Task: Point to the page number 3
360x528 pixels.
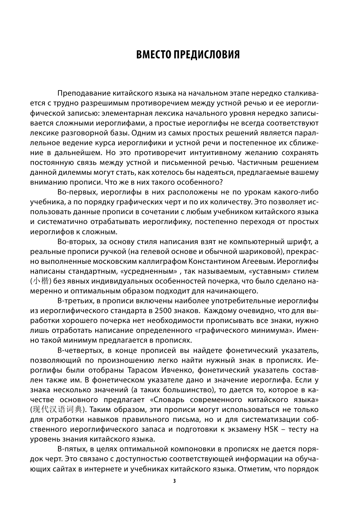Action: click(x=174, y=481)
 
